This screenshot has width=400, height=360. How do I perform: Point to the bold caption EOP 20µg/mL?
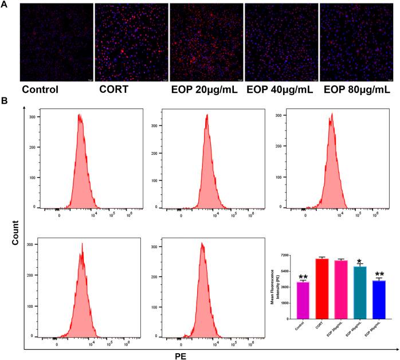pos(204,89)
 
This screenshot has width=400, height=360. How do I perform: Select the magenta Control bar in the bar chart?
pos(304,300)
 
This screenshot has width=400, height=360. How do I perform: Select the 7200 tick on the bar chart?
pos(289,256)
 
